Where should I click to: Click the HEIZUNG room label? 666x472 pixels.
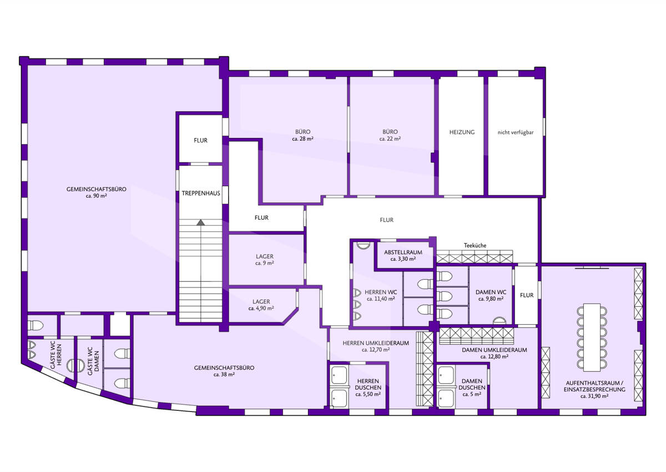pyautogui.click(x=462, y=132)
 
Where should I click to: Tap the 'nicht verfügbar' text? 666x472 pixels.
pyautogui.click(x=515, y=132)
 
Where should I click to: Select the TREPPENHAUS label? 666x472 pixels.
pyautogui.click(x=201, y=193)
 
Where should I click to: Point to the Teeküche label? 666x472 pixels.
pyautogui.click(x=475, y=245)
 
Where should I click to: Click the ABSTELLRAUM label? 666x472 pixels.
pyautogui.click(x=403, y=252)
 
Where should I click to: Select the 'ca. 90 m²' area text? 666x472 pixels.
pyautogui.click(x=97, y=196)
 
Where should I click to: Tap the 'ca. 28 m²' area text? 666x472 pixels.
pyautogui.click(x=302, y=139)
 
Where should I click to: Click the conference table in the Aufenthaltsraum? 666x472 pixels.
pyautogui.click(x=592, y=337)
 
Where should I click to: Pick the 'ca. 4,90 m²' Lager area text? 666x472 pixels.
pyautogui.click(x=261, y=309)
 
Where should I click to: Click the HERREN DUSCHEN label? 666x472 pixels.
pyautogui.click(x=368, y=384)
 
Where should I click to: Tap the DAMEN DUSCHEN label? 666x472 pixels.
pyautogui.click(x=472, y=384)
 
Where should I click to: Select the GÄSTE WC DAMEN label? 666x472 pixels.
pyautogui.click(x=93, y=361)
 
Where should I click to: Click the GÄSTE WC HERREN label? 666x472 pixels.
pyautogui.click(x=56, y=356)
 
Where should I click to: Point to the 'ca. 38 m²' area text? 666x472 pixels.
pyautogui.click(x=224, y=375)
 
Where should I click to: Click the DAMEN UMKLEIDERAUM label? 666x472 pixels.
pyautogui.click(x=494, y=350)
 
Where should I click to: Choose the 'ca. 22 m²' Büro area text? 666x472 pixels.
pyautogui.click(x=390, y=139)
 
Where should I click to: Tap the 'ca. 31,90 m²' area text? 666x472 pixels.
pyautogui.click(x=594, y=396)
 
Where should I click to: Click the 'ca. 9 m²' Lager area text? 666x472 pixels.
pyautogui.click(x=264, y=264)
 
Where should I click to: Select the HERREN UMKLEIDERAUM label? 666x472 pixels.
pyautogui.click(x=376, y=343)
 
